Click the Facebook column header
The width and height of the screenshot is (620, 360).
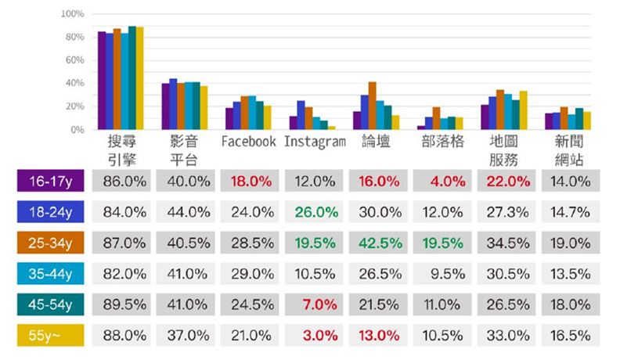[x=248, y=142]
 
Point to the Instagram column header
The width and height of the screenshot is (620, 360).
[x=315, y=142]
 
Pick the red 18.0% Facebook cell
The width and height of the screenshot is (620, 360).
[x=251, y=181]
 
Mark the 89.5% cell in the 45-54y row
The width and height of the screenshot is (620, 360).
[x=123, y=304]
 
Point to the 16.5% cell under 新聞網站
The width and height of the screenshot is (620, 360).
[x=570, y=334]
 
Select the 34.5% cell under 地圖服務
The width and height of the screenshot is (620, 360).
[x=507, y=243]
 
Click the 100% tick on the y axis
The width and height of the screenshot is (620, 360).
[x=72, y=14]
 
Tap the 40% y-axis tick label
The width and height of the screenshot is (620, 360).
[x=74, y=83]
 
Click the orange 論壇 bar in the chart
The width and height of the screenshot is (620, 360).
[x=372, y=106]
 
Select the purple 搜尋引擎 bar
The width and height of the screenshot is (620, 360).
[x=102, y=81]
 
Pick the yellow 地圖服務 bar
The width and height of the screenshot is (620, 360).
[x=522, y=110]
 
